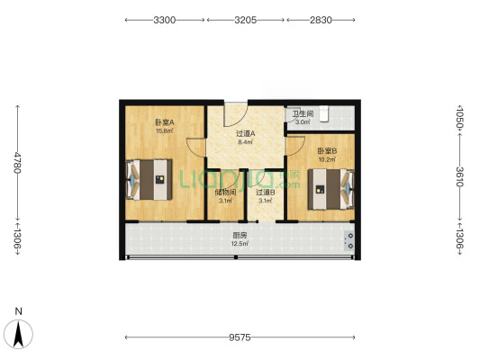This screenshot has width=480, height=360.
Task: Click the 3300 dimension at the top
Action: pos(165,20)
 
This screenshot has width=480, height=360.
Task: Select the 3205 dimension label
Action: pos(246,20)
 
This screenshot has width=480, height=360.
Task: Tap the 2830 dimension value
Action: pos(321,20)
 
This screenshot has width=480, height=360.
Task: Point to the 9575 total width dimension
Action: pos(240,337)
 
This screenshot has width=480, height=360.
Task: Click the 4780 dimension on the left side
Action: pos(17,163)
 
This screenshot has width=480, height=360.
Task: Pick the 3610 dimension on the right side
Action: pos(460,176)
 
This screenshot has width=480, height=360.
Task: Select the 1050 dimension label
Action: pos(460,118)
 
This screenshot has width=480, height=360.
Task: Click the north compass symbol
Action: pos(18,333)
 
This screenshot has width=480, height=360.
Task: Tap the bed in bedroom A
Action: pos(149,179)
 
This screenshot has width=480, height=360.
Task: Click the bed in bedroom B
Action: pos(331,189)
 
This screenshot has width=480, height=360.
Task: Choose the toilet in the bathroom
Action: pos(324,114)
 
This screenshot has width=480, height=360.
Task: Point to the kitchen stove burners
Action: pos(349,240)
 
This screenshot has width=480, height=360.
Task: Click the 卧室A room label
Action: pos(165,122)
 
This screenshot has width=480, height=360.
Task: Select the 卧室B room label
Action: pos(327,151)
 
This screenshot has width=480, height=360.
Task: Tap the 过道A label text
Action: pos(246,134)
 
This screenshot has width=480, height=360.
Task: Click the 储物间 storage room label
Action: pos(226,193)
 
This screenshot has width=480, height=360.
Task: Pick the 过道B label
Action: pos(266,193)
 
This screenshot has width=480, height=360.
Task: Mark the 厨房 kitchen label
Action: pos(240,236)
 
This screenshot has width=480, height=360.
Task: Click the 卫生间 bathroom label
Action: pos(303,114)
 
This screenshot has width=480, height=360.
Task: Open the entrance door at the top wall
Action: pos(235,114)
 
